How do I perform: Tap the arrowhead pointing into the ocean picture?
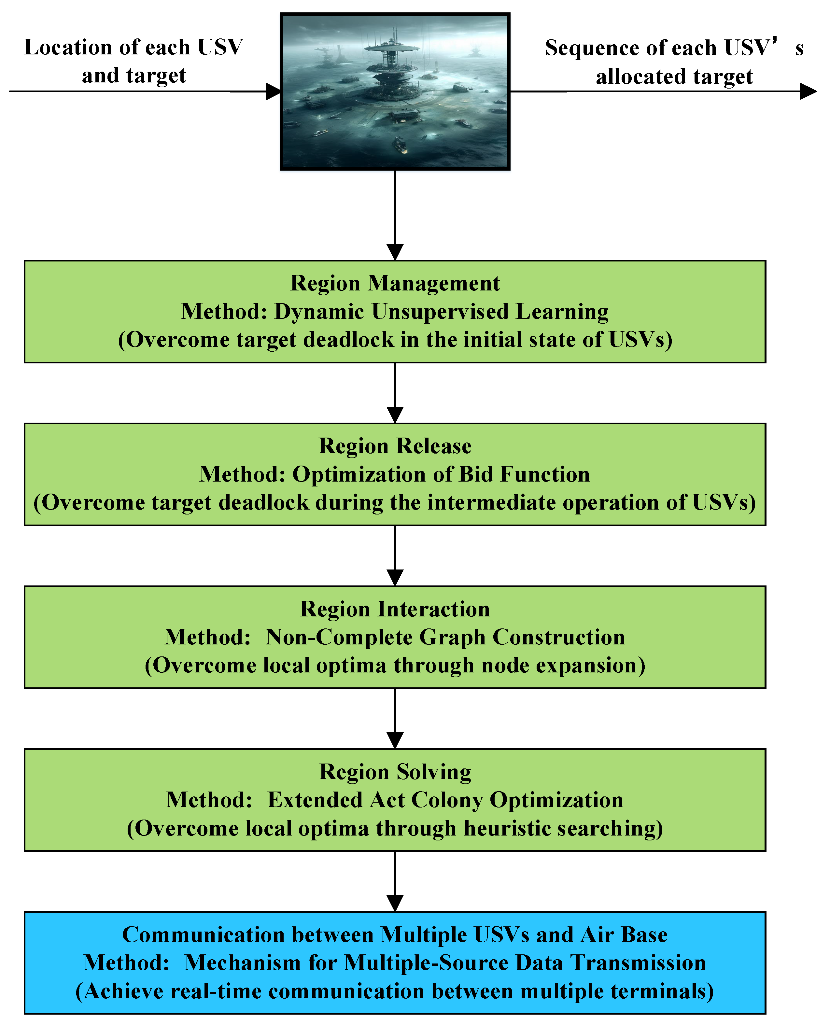coord(274,91)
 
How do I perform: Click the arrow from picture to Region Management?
coord(395,215)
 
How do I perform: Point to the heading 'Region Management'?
coord(395,283)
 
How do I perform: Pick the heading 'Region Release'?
coord(395,446)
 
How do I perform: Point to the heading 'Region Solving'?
coord(395,772)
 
